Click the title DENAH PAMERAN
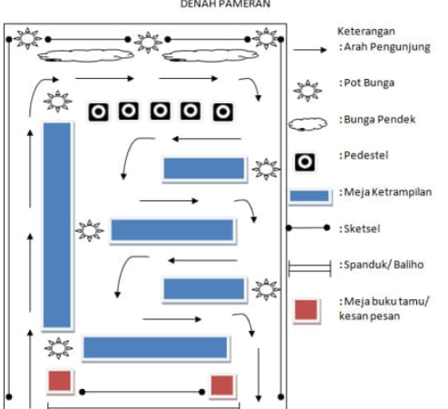click(225, 4)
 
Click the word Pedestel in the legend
click(366, 155)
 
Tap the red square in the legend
click(307, 310)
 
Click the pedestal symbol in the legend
click(305, 162)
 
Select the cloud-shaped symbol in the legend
click(307, 124)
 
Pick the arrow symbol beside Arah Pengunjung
click(310, 50)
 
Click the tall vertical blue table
click(57, 225)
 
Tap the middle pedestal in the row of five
click(161, 112)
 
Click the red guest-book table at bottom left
click(60, 381)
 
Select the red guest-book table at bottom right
click(222, 385)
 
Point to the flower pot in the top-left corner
click(27, 39)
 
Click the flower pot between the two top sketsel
click(148, 43)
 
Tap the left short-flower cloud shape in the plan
click(85, 55)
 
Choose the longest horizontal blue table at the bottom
click(155, 347)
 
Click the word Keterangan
click(366, 31)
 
